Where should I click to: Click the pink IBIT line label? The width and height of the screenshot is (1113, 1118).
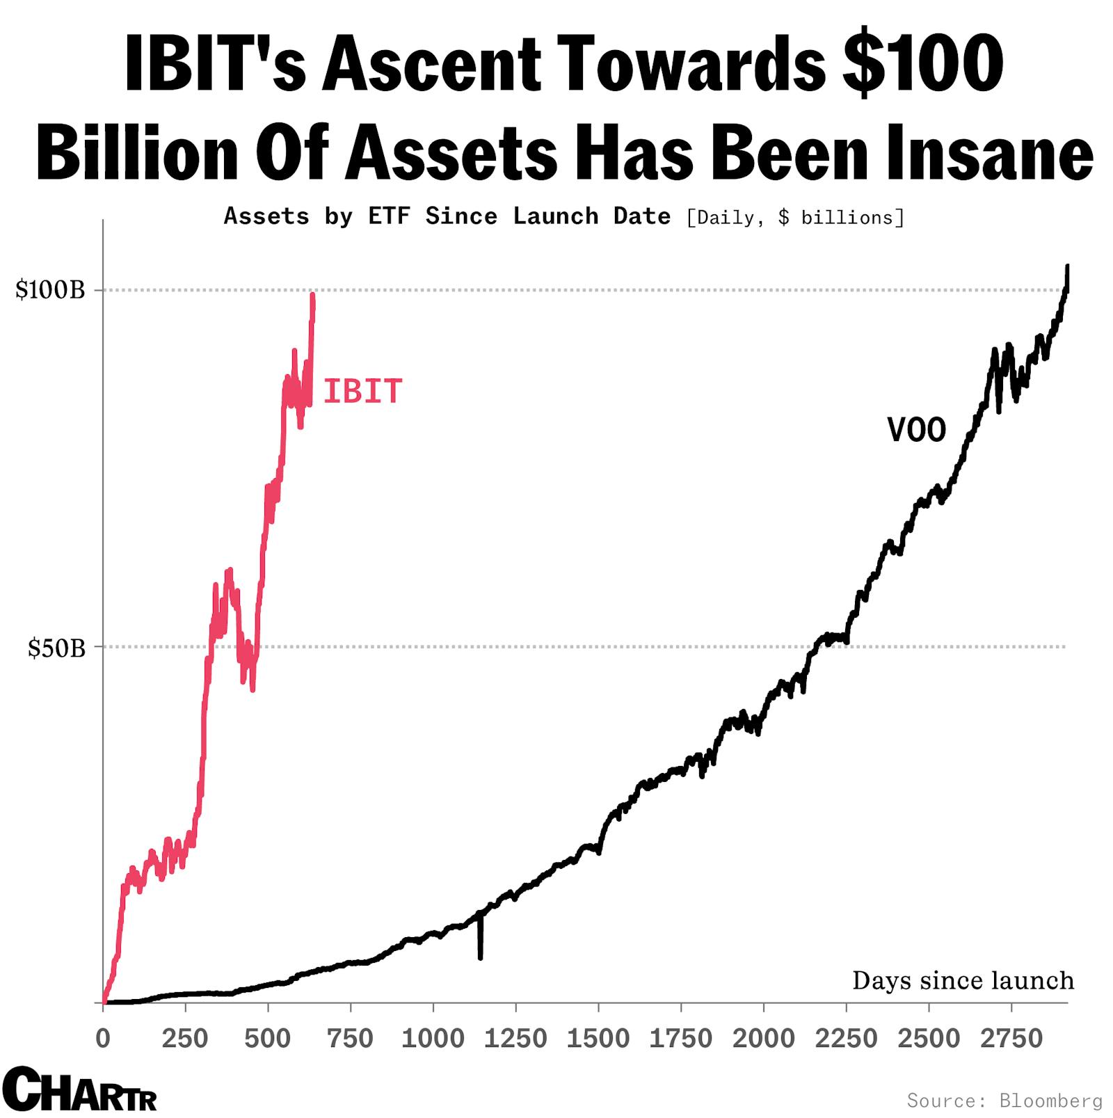(362, 392)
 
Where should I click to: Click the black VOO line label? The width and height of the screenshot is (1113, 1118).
(916, 430)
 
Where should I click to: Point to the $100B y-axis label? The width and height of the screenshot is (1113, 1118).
(50, 289)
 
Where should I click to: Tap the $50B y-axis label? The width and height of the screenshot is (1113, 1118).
(56, 648)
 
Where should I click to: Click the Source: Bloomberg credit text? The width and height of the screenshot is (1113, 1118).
(1004, 1101)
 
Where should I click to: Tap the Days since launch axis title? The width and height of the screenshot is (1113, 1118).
(963, 981)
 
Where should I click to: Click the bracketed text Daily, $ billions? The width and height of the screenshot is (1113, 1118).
(795, 218)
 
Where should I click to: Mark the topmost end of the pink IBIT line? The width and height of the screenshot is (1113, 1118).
(313, 295)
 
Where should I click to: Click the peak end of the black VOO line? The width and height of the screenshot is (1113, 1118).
(1067, 266)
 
